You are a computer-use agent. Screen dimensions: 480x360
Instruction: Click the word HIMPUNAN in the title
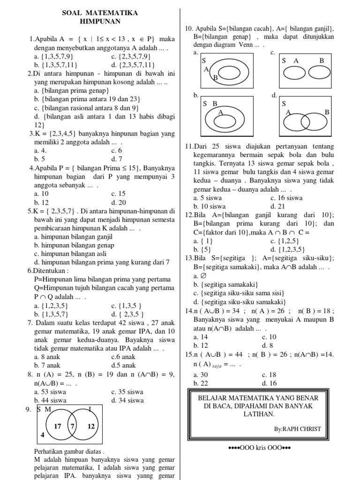click(99, 22)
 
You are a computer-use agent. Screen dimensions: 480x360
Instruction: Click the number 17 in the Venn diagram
click(58, 427)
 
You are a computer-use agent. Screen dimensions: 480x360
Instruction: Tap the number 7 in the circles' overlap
click(72, 427)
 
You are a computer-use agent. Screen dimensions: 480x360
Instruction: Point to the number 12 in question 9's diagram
click(91, 427)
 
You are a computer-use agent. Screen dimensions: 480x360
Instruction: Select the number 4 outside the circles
click(42, 435)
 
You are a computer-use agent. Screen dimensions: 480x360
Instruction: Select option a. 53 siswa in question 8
click(50, 392)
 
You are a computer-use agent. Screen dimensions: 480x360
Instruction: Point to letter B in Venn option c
click(322, 60)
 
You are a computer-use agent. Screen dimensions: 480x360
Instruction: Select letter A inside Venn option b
click(220, 112)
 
